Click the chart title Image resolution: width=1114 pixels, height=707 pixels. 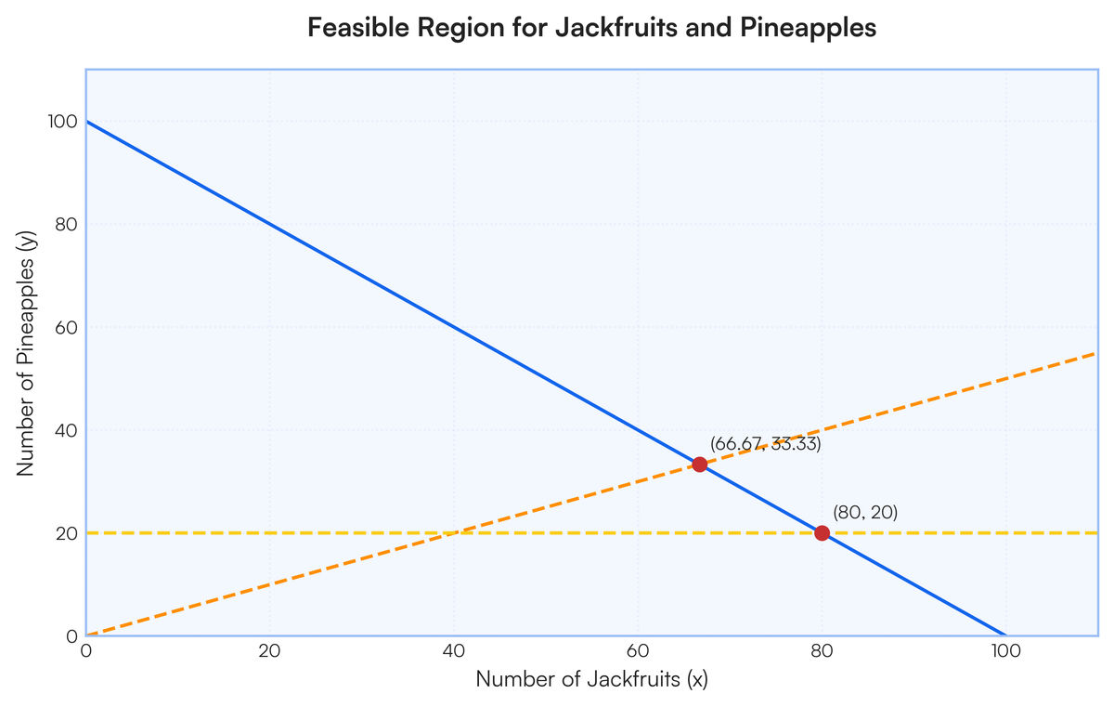point(592,27)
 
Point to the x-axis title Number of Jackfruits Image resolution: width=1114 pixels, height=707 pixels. point(592,679)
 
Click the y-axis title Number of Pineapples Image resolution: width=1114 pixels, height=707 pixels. point(26,353)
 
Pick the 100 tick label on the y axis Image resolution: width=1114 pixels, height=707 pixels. point(63,122)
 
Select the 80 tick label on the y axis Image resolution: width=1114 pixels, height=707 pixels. point(67,225)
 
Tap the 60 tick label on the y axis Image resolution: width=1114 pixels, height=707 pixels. point(67,327)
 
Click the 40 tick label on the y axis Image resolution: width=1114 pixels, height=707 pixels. point(67,430)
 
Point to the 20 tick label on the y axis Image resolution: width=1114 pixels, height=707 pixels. point(67,533)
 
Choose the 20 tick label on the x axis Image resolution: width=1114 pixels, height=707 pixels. point(269,651)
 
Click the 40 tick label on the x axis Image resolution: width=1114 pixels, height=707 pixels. point(454,651)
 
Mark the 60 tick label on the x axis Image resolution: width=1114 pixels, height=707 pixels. point(638,651)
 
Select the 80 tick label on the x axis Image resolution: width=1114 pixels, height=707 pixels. point(822,651)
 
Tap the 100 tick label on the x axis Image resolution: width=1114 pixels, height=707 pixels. point(1005,651)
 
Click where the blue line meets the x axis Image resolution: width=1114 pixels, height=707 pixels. point(1005,635)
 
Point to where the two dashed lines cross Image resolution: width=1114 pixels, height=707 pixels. point(454,533)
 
